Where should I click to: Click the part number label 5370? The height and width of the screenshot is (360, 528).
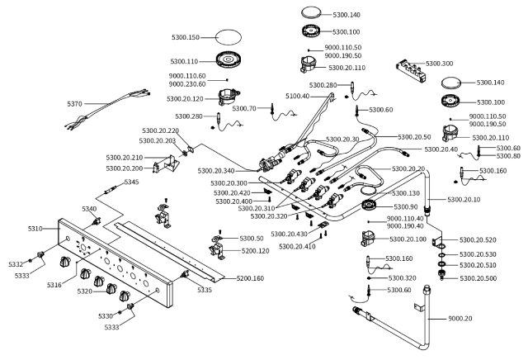coord(74,104)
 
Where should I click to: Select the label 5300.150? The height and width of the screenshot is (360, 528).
coord(186,37)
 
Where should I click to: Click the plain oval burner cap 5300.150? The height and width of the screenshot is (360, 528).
coord(229,36)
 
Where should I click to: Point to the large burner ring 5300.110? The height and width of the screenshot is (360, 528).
coord(229,60)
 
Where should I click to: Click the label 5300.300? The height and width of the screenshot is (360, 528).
coord(440,64)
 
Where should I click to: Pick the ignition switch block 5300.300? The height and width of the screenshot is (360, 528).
coord(412,70)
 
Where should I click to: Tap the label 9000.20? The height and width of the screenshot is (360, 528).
coord(460,319)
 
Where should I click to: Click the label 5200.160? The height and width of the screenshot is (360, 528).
coord(250,278)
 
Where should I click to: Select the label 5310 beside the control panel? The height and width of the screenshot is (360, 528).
coord(35,229)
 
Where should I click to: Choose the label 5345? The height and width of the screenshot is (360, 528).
coord(131,182)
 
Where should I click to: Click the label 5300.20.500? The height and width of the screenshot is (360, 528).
coord(478,278)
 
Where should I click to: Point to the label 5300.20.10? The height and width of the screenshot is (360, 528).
coord(464,200)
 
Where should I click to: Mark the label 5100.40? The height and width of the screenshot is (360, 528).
coord(297,97)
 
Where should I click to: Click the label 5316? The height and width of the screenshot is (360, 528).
coord(54,285)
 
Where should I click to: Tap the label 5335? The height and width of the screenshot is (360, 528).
coord(205,290)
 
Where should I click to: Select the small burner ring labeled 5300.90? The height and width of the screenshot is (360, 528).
coord(369,206)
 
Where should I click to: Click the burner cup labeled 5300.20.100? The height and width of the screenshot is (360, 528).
coord(368,239)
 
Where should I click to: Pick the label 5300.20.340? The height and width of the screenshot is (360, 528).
coord(216,171)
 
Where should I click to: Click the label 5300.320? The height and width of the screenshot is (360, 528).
coord(402,278)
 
